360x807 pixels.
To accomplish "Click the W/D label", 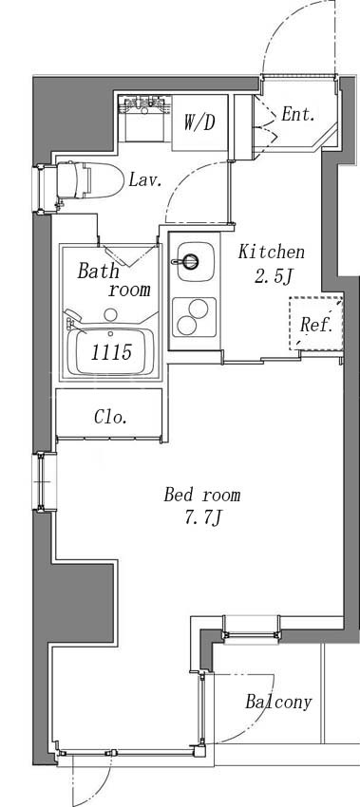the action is pos(199,122).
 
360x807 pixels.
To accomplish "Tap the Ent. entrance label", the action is pos(297,114).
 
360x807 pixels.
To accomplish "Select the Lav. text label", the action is pos(145,179).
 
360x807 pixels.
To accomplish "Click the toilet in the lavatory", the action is pos(88,180).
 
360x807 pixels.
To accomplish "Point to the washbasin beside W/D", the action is pos(144,118).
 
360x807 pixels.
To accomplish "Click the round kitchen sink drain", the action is pos(191,261).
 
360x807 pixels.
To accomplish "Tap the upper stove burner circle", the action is pos(198,309).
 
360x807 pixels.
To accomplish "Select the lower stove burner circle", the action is pos(186,326).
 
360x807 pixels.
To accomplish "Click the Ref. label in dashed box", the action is pos(316,325).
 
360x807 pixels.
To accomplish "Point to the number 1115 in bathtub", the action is pos(112,352).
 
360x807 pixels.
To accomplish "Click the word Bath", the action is pos(99,271).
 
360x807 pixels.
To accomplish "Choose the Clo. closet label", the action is pos(111,417).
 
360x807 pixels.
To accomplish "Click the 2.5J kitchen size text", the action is pos(273,277).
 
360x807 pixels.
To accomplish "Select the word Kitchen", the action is pos(272,253).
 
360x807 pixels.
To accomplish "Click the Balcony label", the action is pos(278,702).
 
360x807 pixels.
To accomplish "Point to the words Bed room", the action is pos(202,495).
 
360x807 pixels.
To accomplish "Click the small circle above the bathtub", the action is pos(111,314).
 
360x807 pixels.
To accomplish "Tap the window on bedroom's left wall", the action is pos(45,481).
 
